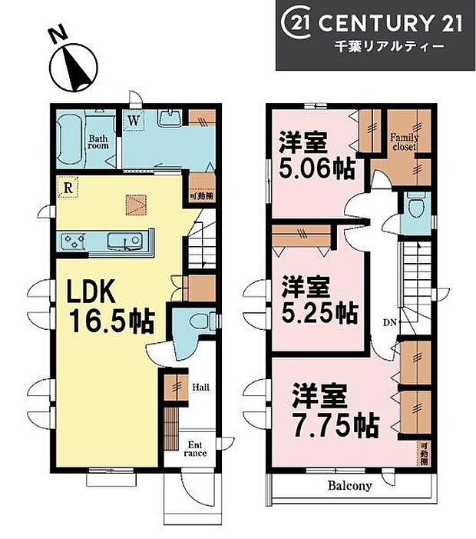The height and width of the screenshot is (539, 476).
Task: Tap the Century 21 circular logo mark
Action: point(297,23)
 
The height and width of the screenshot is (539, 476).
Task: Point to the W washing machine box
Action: point(134,120)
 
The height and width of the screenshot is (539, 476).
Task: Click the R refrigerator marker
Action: point(69,187)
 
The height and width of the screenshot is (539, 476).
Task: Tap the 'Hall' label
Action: point(201,387)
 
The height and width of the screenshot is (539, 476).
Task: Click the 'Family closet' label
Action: point(404,141)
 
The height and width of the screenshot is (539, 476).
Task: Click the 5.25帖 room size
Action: point(319,313)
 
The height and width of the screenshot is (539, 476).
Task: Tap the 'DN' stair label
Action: point(390,321)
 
